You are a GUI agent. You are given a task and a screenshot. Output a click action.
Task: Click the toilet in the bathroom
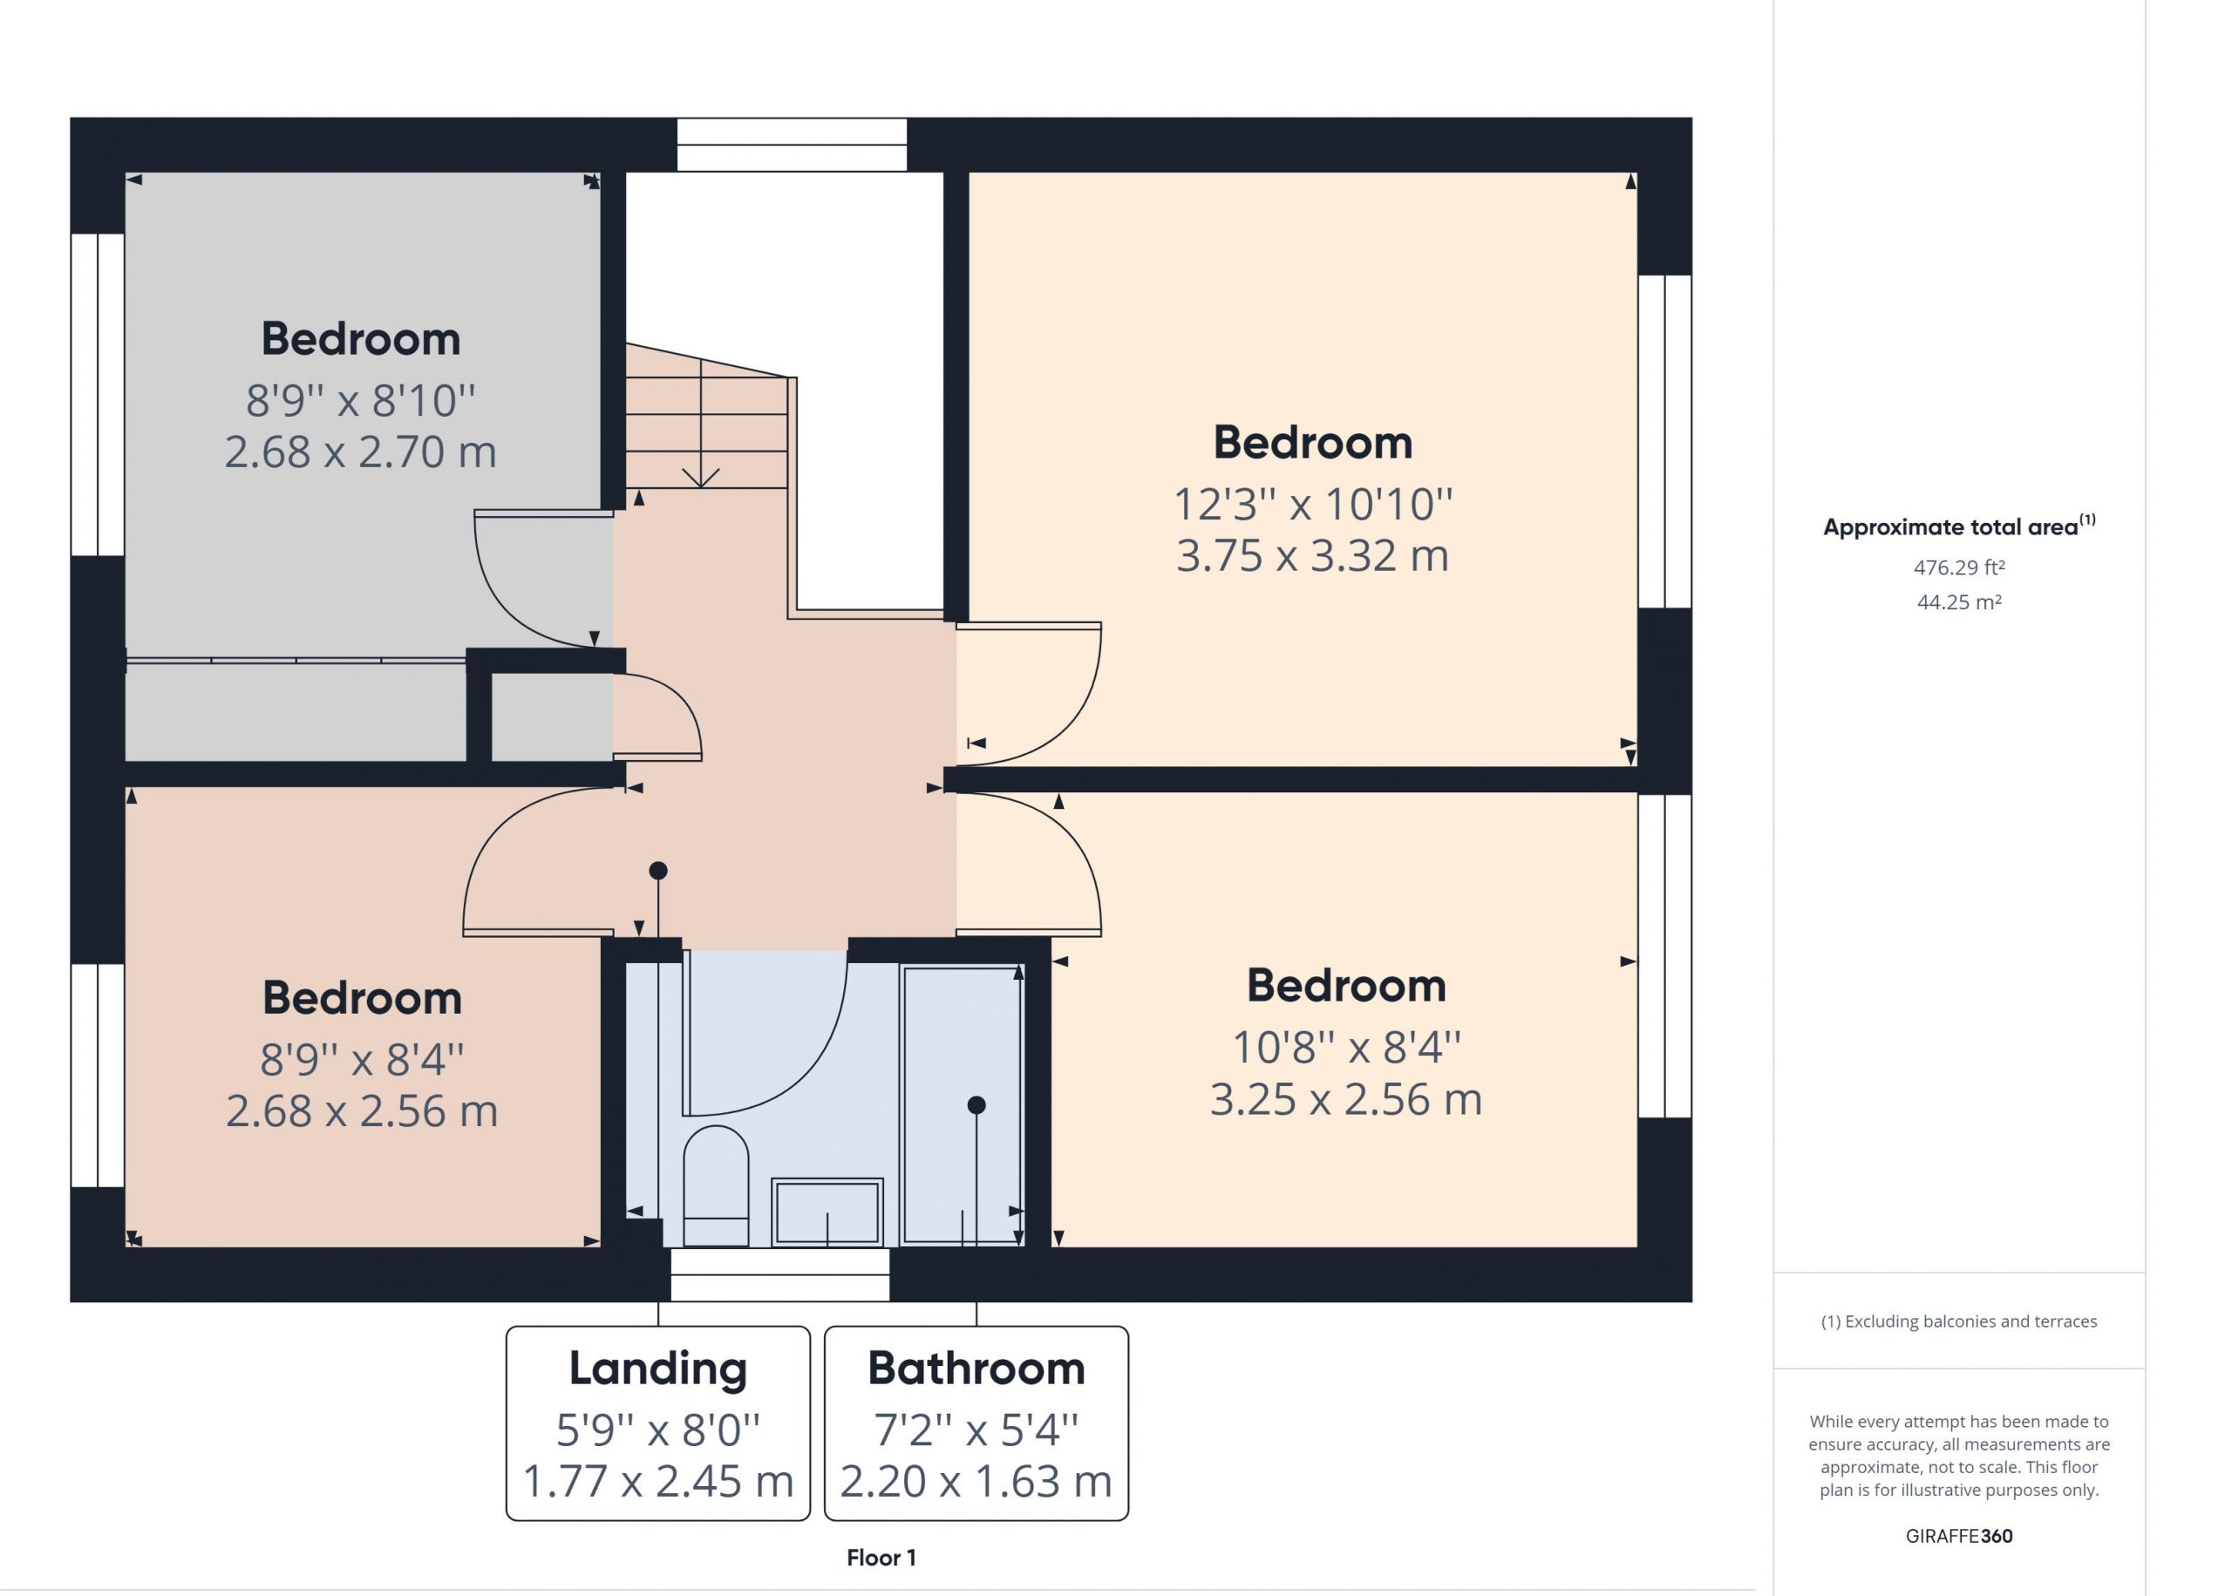716,1186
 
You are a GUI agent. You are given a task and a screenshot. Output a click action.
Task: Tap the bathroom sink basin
827,1212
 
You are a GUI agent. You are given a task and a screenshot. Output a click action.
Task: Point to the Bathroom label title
976,1368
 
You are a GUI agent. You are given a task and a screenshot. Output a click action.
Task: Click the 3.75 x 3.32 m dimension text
1312,555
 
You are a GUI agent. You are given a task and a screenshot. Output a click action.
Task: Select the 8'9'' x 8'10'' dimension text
361,400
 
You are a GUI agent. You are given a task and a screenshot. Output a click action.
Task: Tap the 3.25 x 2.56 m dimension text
1345,1099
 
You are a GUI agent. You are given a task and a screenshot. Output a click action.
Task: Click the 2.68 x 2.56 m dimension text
362,1110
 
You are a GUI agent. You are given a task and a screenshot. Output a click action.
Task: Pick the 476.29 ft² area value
1959,567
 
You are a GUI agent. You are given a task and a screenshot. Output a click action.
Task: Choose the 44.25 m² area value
1959,601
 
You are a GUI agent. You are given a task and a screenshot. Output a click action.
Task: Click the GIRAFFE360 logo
1959,1536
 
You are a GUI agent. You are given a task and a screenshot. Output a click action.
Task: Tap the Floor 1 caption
881,1558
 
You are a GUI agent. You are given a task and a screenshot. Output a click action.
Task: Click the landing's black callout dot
658,870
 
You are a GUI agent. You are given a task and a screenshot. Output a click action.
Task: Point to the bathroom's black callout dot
976,1104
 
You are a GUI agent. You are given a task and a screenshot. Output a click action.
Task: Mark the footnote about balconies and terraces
1959,1321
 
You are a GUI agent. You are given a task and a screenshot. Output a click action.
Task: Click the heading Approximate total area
1959,526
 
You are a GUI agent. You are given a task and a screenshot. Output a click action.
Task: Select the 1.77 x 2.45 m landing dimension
657,1481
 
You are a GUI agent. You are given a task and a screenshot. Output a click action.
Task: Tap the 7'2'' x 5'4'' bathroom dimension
976,1430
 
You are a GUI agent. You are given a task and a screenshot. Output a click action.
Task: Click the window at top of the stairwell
791,145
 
